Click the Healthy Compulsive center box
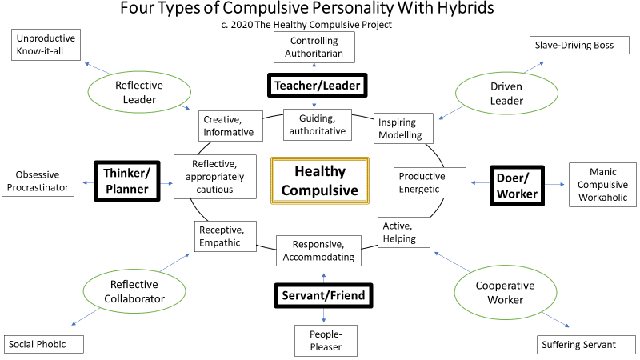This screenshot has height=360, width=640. point(320,181)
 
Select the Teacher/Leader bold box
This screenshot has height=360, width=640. point(317,86)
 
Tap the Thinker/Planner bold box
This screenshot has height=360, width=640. point(127,181)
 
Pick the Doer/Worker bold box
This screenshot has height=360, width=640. point(517,186)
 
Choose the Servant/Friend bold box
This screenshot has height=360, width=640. point(323,295)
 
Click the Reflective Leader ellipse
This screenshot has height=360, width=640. point(139,92)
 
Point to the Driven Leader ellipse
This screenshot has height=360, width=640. point(506,94)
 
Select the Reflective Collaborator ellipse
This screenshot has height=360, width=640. point(134,291)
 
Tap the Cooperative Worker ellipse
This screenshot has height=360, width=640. point(506,293)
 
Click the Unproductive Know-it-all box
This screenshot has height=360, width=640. point(46,45)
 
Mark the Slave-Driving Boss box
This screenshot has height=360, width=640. point(579,46)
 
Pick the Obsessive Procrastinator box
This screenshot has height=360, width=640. point(38,182)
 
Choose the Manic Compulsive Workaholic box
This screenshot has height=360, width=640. point(602,185)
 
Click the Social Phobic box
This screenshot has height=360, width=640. point(44,345)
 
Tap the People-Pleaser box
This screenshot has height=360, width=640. point(326,341)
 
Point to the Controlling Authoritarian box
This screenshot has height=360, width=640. point(314,47)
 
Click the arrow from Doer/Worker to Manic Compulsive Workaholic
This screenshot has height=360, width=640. point(554,185)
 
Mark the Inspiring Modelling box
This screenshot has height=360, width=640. point(403,129)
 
